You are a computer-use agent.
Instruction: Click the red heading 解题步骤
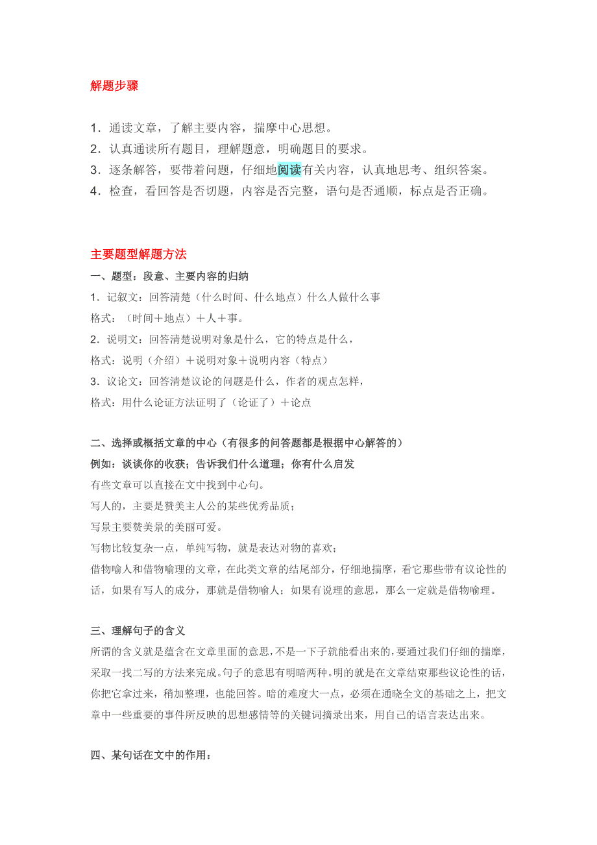[114, 86]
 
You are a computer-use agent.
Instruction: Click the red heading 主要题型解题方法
[138, 254]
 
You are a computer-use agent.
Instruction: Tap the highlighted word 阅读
[289, 170]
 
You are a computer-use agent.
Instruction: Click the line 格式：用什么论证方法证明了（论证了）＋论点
[201, 402]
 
